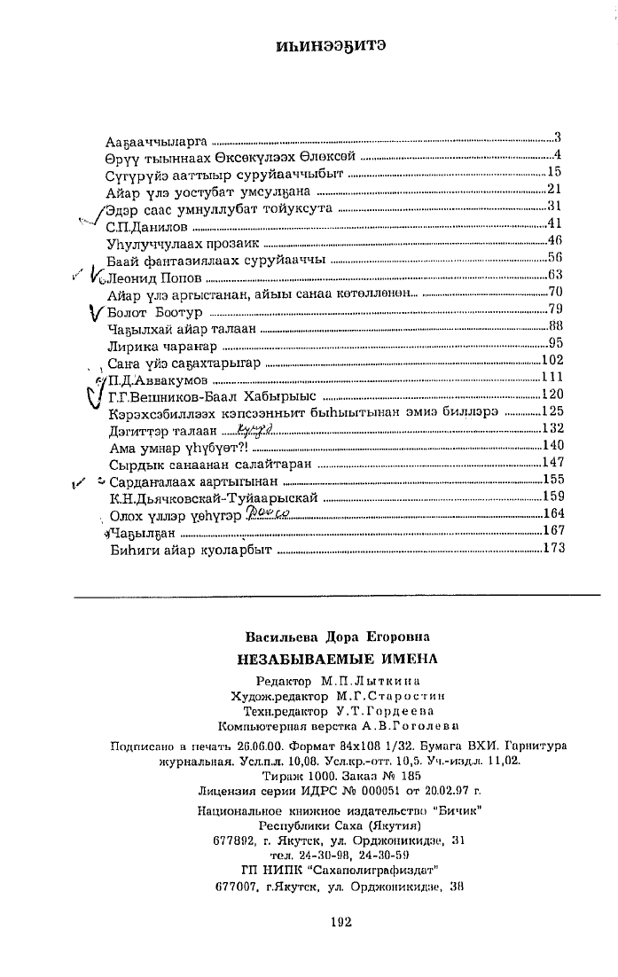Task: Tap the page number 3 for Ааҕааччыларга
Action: click(x=559, y=137)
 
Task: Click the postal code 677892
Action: click(x=235, y=840)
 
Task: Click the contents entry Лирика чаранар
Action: click(x=153, y=344)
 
